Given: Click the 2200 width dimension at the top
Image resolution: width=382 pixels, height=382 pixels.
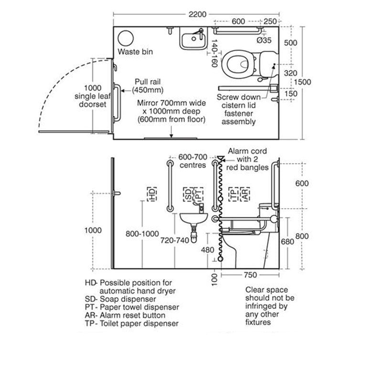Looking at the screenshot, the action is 197,14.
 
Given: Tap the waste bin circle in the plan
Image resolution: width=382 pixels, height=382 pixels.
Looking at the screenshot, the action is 126,38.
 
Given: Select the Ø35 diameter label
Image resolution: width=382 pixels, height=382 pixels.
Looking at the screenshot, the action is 264,40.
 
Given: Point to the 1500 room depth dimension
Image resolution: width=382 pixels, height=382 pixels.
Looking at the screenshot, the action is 302,82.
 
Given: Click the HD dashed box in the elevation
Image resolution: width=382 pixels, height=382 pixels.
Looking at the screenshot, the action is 152,194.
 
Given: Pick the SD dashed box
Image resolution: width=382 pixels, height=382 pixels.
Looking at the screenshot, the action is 188,194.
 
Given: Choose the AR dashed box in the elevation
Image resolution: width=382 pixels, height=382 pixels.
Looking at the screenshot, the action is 245,194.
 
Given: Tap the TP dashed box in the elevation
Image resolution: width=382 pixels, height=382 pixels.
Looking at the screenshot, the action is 233,194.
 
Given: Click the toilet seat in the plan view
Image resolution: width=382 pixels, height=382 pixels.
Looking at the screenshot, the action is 237,64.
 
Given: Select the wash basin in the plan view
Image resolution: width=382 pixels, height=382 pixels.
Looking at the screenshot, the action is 193,39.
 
